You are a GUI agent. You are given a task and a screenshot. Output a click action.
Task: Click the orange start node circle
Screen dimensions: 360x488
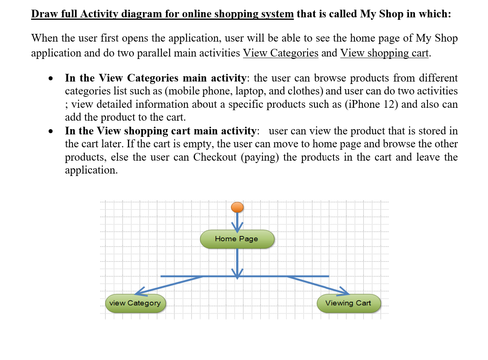click(x=237, y=207)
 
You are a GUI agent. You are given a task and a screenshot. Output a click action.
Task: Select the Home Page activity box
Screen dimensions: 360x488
click(x=237, y=239)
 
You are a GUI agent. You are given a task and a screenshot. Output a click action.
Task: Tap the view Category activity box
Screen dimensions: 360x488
click(x=135, y=303)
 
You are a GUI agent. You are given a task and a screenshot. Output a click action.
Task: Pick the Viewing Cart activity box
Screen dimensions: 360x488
click(x=348, y=303)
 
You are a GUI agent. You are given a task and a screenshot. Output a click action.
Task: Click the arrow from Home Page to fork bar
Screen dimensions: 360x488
click(x=237, y=262)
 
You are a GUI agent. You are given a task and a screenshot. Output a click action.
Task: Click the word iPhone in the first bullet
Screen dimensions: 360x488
click(x=362, y=104)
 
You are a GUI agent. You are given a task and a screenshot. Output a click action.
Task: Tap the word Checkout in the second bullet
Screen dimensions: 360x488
click(x=215, y=157)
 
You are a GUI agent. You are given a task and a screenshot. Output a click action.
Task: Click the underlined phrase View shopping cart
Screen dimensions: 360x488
click(x=384, y=53)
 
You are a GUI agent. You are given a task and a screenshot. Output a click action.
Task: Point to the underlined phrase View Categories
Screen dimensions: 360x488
click(x=281, y=53)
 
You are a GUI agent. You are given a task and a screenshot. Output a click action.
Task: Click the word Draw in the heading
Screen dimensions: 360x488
click(x=43, y=14)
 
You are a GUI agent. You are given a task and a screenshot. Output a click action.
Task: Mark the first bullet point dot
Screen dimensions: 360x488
click(x=50, y=78)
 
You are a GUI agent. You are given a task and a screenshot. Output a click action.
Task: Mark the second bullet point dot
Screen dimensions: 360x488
click(x=50, y=132)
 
